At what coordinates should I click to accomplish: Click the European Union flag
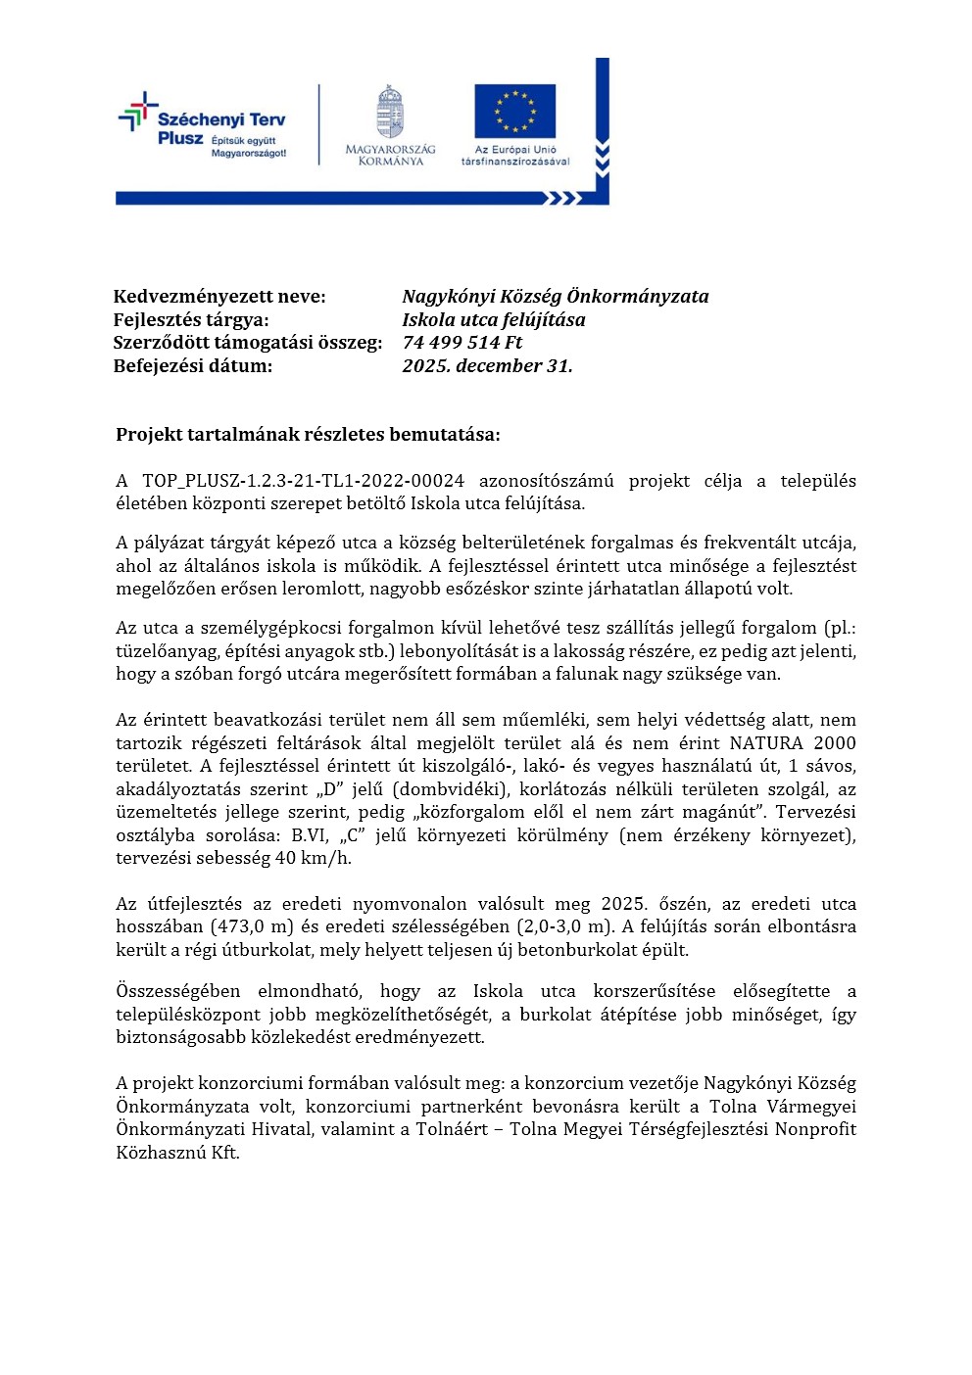point(514,112)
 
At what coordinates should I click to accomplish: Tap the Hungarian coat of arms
point(390,112)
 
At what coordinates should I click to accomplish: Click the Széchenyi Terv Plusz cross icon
point(138,113)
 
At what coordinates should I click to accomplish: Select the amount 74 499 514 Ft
point(462,343)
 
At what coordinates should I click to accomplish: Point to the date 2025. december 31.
point(487,366)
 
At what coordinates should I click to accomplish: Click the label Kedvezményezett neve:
point(219,297)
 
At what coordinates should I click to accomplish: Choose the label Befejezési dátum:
point(193,366)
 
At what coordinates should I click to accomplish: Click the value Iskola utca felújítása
point(494,320)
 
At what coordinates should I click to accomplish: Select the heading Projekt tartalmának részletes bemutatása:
point(308,435)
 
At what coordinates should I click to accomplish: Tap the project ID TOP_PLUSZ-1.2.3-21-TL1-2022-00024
point(303,481)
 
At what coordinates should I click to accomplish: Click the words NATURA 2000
point(793,743)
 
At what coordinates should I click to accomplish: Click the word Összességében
point(177,991)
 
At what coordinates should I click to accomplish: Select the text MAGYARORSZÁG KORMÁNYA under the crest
point(390,156)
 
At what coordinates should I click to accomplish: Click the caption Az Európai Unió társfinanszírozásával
point(515,156)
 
